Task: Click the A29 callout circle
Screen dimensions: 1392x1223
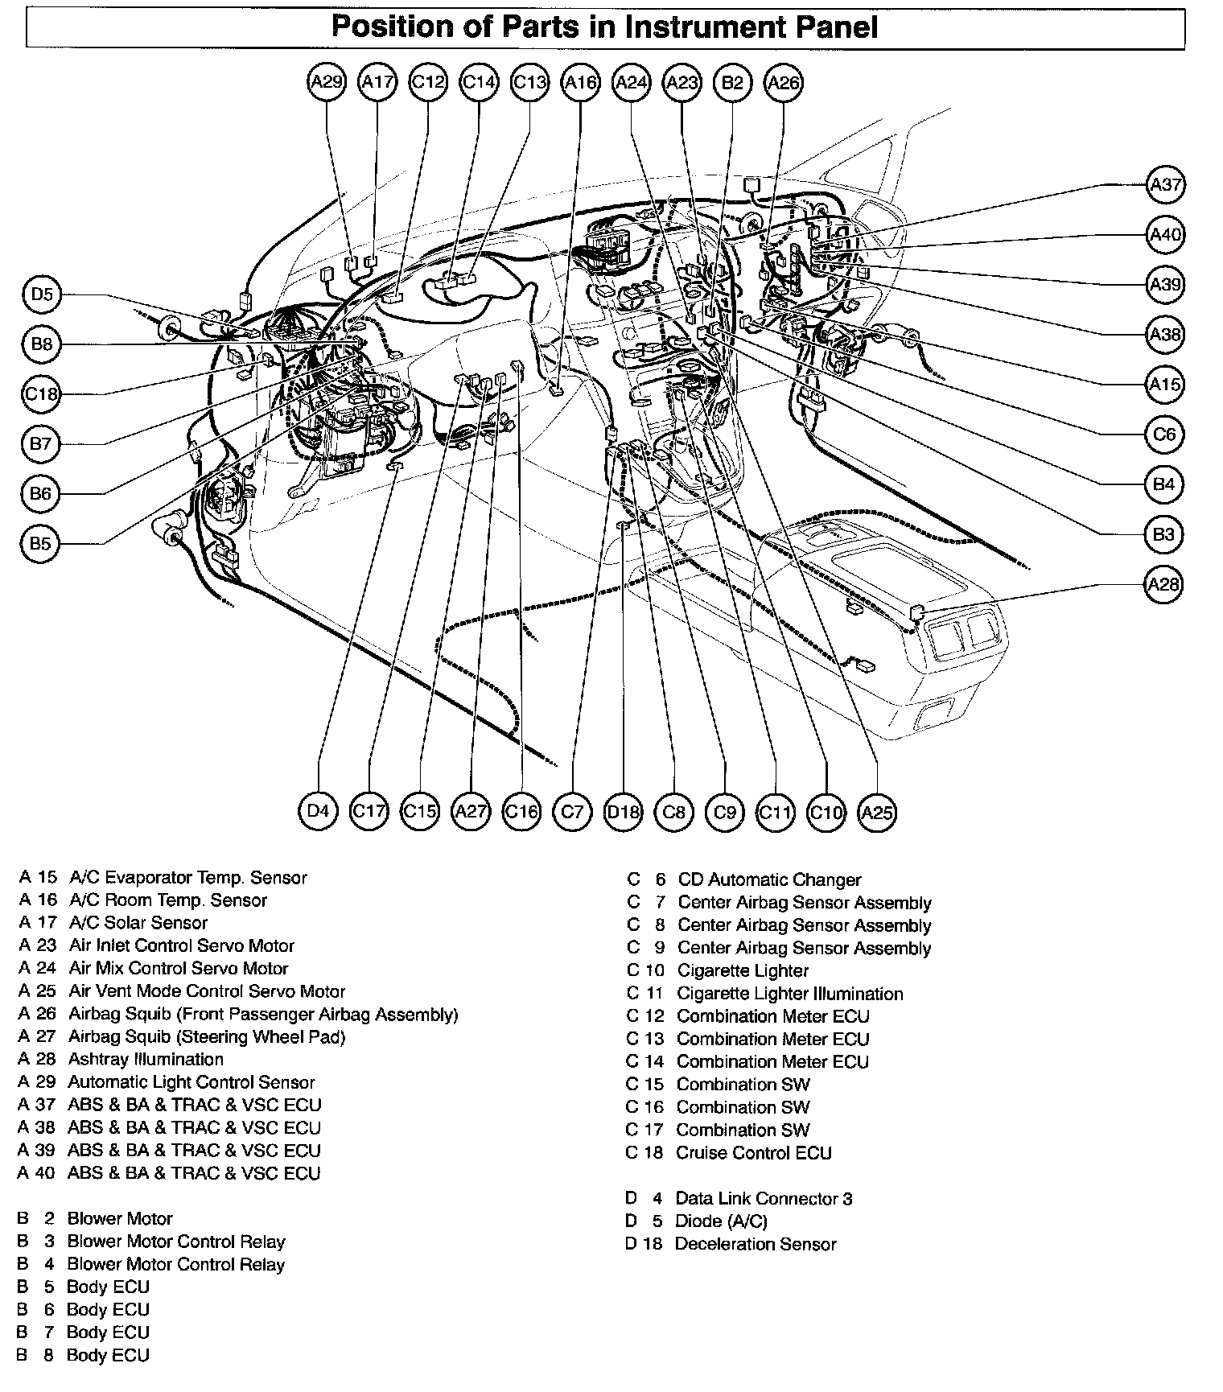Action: [x=327, y=81]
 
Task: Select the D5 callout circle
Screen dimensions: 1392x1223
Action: [x=42, y=294]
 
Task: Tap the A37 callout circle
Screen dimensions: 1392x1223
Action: [x=1164, y=185]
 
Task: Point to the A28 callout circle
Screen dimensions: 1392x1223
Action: [x=1163, y=584]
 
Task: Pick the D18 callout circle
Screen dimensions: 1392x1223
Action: [x=623, y=811]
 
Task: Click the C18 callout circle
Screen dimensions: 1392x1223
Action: [x=42, y=393]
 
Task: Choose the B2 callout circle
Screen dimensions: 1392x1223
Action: [x=732, y=81]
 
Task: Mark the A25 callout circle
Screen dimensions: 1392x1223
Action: [x=876, y=811]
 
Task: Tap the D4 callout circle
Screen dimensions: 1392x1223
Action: [x=319, y=811]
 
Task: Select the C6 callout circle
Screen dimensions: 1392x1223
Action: [x=1164, y=434]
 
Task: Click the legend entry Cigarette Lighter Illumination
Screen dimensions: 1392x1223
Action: [x=789, y=994]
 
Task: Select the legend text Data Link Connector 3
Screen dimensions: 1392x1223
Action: [x=763, y=1199]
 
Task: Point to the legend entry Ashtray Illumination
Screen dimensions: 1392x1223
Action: [x=146, y=1060]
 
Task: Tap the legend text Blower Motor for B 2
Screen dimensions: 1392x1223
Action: [x=120, y=1219]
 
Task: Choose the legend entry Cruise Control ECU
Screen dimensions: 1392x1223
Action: [x=754, y=1153]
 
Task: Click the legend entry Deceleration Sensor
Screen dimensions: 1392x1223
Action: [x=756, y=1245]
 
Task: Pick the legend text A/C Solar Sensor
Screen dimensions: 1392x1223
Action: [x=138, y=923]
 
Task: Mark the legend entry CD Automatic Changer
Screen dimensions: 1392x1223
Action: [x=769, y=880]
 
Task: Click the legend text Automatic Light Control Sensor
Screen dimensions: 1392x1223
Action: [x=191, y=1082]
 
